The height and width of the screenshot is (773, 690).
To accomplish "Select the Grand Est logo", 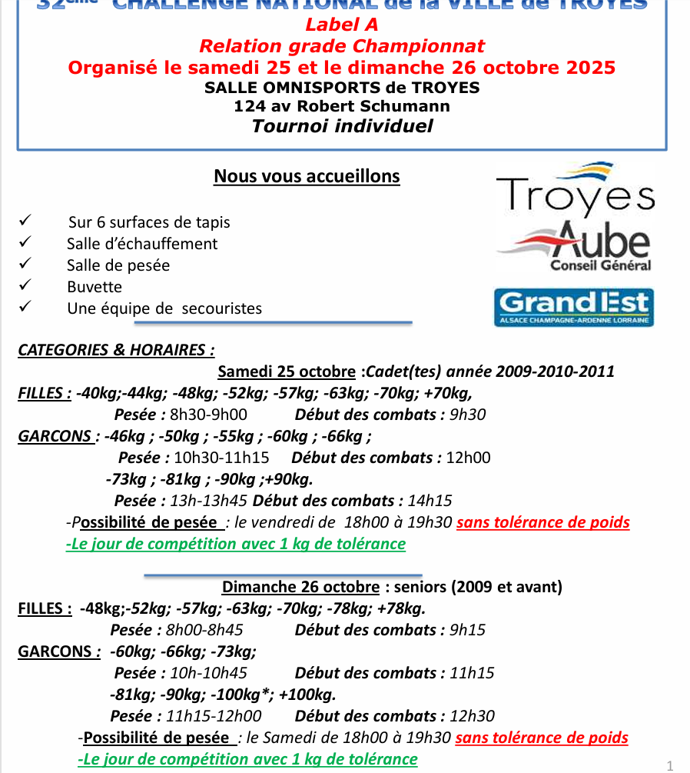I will (573, 306).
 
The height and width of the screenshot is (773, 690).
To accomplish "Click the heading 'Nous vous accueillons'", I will (307, 176).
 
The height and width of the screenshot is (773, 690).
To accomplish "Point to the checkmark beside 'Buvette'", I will (25, 285).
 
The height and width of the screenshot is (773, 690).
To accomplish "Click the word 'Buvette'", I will (95, 287).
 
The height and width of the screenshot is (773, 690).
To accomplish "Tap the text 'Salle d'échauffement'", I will (142, 244).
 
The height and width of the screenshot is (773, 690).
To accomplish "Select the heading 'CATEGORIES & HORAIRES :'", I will (116, 350).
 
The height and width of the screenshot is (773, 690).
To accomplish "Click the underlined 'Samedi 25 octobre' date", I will (287, 372).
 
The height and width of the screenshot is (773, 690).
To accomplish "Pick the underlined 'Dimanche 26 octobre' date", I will (300, 587).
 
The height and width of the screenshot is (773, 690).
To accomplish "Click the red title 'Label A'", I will (342, 26).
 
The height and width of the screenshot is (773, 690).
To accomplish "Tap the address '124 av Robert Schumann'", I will (342, 106).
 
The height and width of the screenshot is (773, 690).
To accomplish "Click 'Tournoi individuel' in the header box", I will (342, 126).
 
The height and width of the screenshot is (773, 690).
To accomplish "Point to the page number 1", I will (670, 765).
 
